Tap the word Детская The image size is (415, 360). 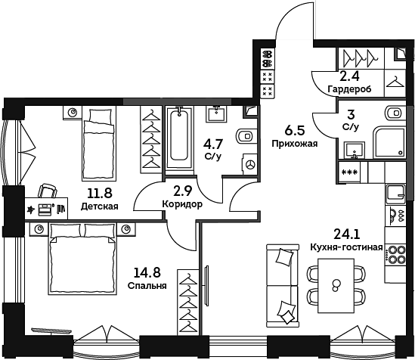(x=100, y=206)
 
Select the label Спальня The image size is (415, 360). (x=147, y=286)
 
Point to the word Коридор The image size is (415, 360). (x=182, y=204)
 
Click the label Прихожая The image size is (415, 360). (x=295, y=144)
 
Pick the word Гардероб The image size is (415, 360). (x=349, y=89)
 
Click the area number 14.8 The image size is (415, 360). (x=147, y=272)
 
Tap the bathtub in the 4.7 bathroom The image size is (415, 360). (x=179, y=138)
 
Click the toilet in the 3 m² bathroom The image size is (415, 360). (x=395, y=113)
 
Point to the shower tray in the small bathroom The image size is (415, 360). (x=389, y=143)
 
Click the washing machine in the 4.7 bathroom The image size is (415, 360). (x=249, y=164)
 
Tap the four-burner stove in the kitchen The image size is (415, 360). (x=395, y=254)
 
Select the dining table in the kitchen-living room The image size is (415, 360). (x=336, y=286)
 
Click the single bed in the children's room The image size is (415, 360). (x=99, y=144)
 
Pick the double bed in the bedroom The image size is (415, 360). (x=82, y=259)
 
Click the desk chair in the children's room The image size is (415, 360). (x=47, y=191)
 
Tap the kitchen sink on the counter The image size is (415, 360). (x=395, y=194)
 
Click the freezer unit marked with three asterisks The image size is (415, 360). (x=350, y=172)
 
